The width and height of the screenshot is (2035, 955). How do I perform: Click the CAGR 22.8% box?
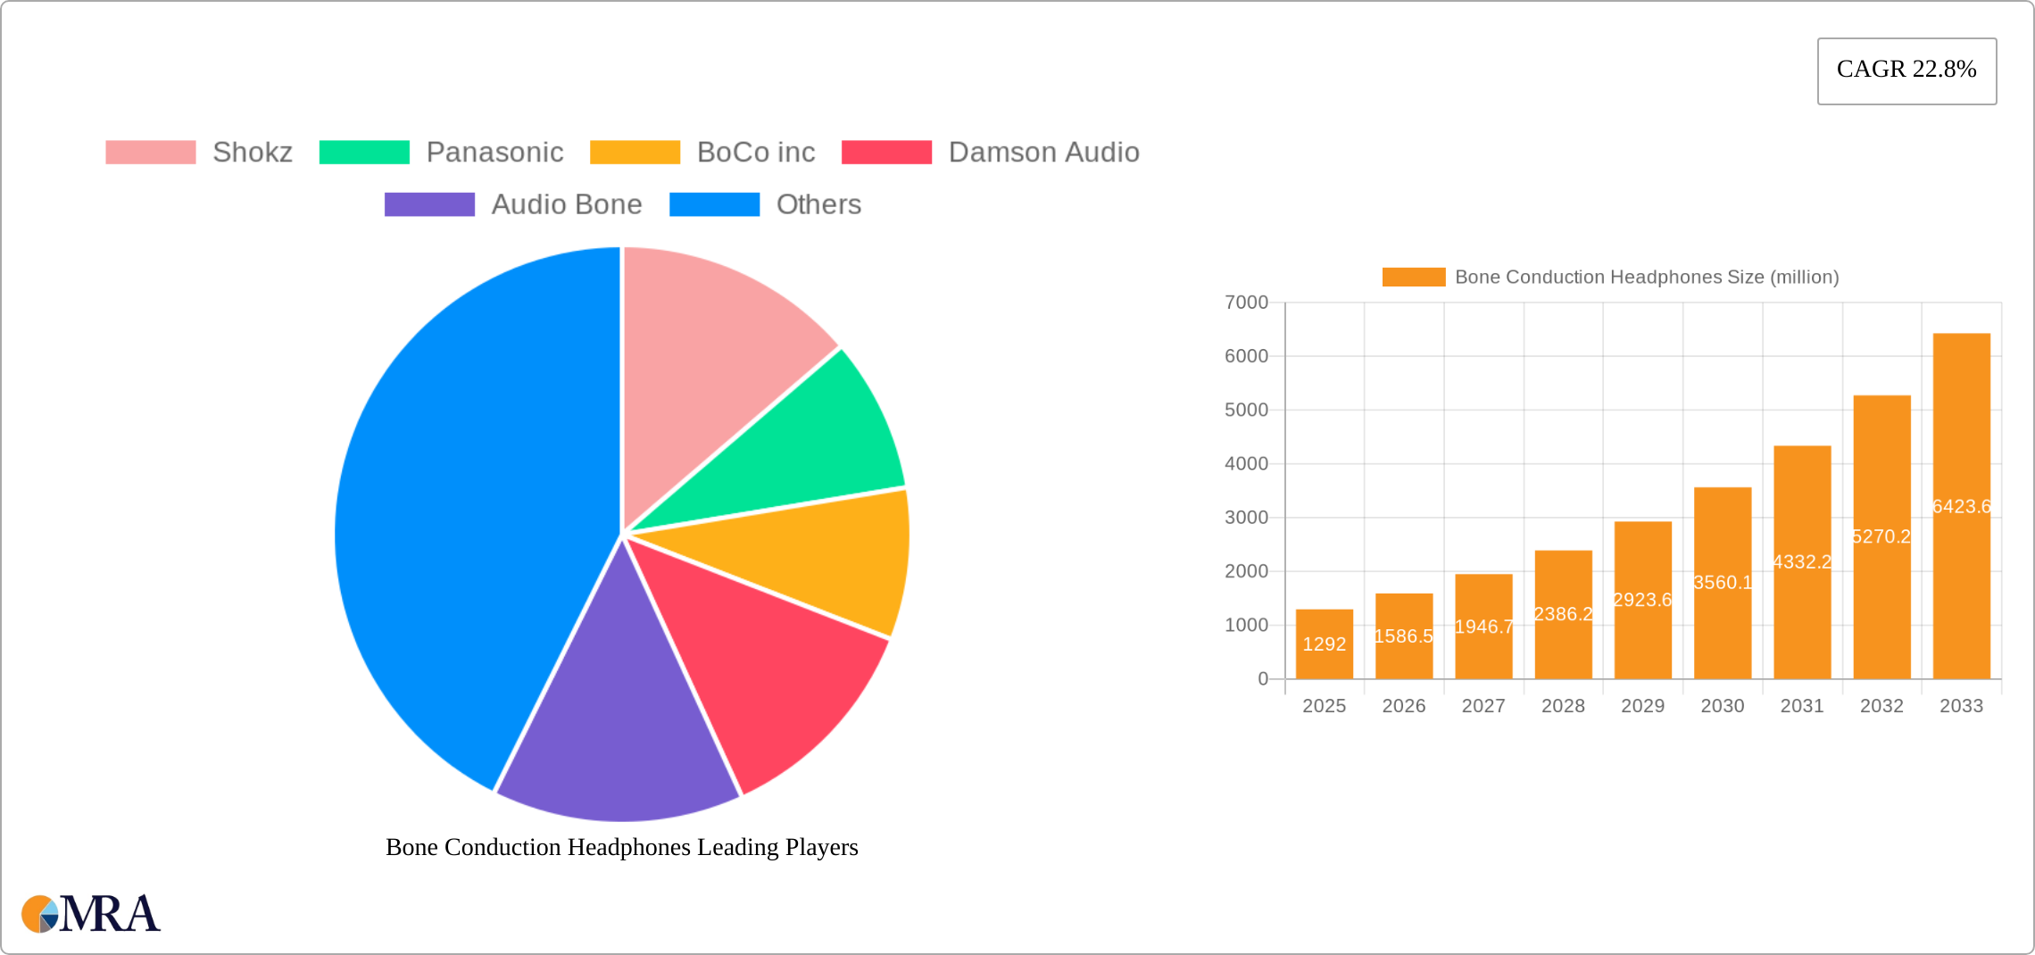tap(1906, 71)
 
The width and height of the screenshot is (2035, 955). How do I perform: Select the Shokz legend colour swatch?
tap(150, 153)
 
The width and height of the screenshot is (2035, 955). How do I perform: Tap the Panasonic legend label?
tap(494, 153)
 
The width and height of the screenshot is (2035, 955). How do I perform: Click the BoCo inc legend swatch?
tap(635, 153)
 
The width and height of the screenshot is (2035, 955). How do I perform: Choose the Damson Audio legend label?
tap(1043, 153)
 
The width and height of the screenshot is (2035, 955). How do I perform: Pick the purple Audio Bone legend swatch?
tap(429, 204)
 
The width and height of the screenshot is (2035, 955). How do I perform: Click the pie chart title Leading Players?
tap(621, 847)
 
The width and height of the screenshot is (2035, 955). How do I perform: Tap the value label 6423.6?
tap(1961, 507)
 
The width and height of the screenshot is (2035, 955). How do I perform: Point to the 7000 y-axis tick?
tap(1246, 303)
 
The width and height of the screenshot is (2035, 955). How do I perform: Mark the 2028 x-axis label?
tap(1563, 706)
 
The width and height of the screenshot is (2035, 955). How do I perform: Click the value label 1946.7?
tap(1483, 627)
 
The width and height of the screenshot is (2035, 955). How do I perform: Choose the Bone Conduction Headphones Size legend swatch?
tap(1413, 278)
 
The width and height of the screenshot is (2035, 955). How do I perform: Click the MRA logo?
tap(91, 913)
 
